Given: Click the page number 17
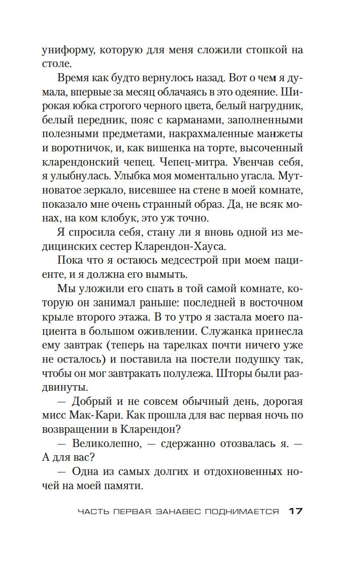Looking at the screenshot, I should coord(296,511).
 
